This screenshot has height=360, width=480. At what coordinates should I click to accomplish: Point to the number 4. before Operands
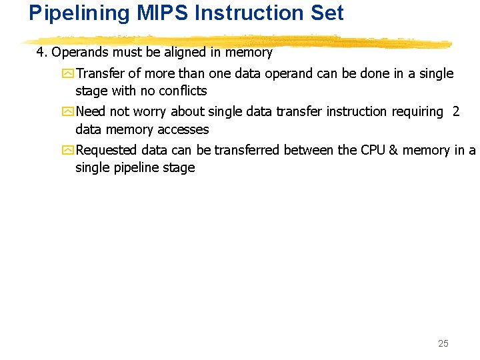42,52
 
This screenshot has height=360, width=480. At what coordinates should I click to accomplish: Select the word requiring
417,112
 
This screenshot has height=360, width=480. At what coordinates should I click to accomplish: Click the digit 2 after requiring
456,112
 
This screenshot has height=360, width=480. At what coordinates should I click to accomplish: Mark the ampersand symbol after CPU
393,151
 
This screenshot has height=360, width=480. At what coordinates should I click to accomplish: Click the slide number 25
443,343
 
